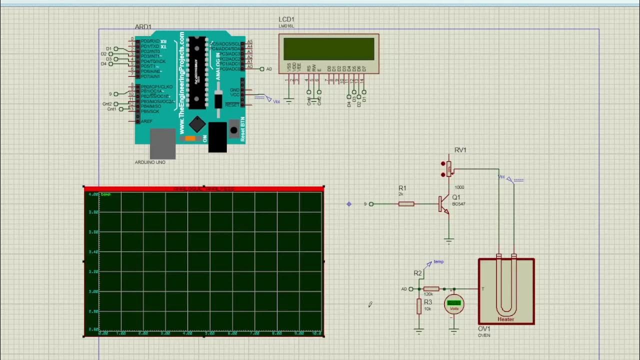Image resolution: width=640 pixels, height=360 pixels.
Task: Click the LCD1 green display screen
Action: click(328, 48)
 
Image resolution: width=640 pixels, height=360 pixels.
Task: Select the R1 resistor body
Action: click(406, 204)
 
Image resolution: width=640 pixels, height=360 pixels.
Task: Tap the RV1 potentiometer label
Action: click(460, 150)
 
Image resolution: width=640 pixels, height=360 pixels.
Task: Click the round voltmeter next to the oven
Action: click(454, 304)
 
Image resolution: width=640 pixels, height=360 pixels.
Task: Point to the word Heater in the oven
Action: click(505, 319)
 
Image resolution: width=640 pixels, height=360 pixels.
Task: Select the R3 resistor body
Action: click(419, 306)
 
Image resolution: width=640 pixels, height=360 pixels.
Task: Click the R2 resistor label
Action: click(417, 273)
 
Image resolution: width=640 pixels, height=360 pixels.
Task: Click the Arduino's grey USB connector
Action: click(162, 144)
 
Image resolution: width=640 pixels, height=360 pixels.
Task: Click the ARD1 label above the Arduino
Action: click(143, 27)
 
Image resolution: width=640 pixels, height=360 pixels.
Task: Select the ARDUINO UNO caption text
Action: click(150, 162)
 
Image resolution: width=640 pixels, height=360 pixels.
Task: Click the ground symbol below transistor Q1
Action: click(449, 240)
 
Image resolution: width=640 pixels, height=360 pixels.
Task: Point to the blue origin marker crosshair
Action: click(349, 204)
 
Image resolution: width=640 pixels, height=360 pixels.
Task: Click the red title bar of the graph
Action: click(203, 188)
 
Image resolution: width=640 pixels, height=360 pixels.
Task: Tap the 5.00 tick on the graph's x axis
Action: click(210, 333)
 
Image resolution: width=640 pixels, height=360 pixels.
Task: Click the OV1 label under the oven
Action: click(484, 329)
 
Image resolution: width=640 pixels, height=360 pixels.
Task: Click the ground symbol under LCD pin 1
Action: click(288, 101)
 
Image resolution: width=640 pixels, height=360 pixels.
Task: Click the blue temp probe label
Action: click(438, 261)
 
